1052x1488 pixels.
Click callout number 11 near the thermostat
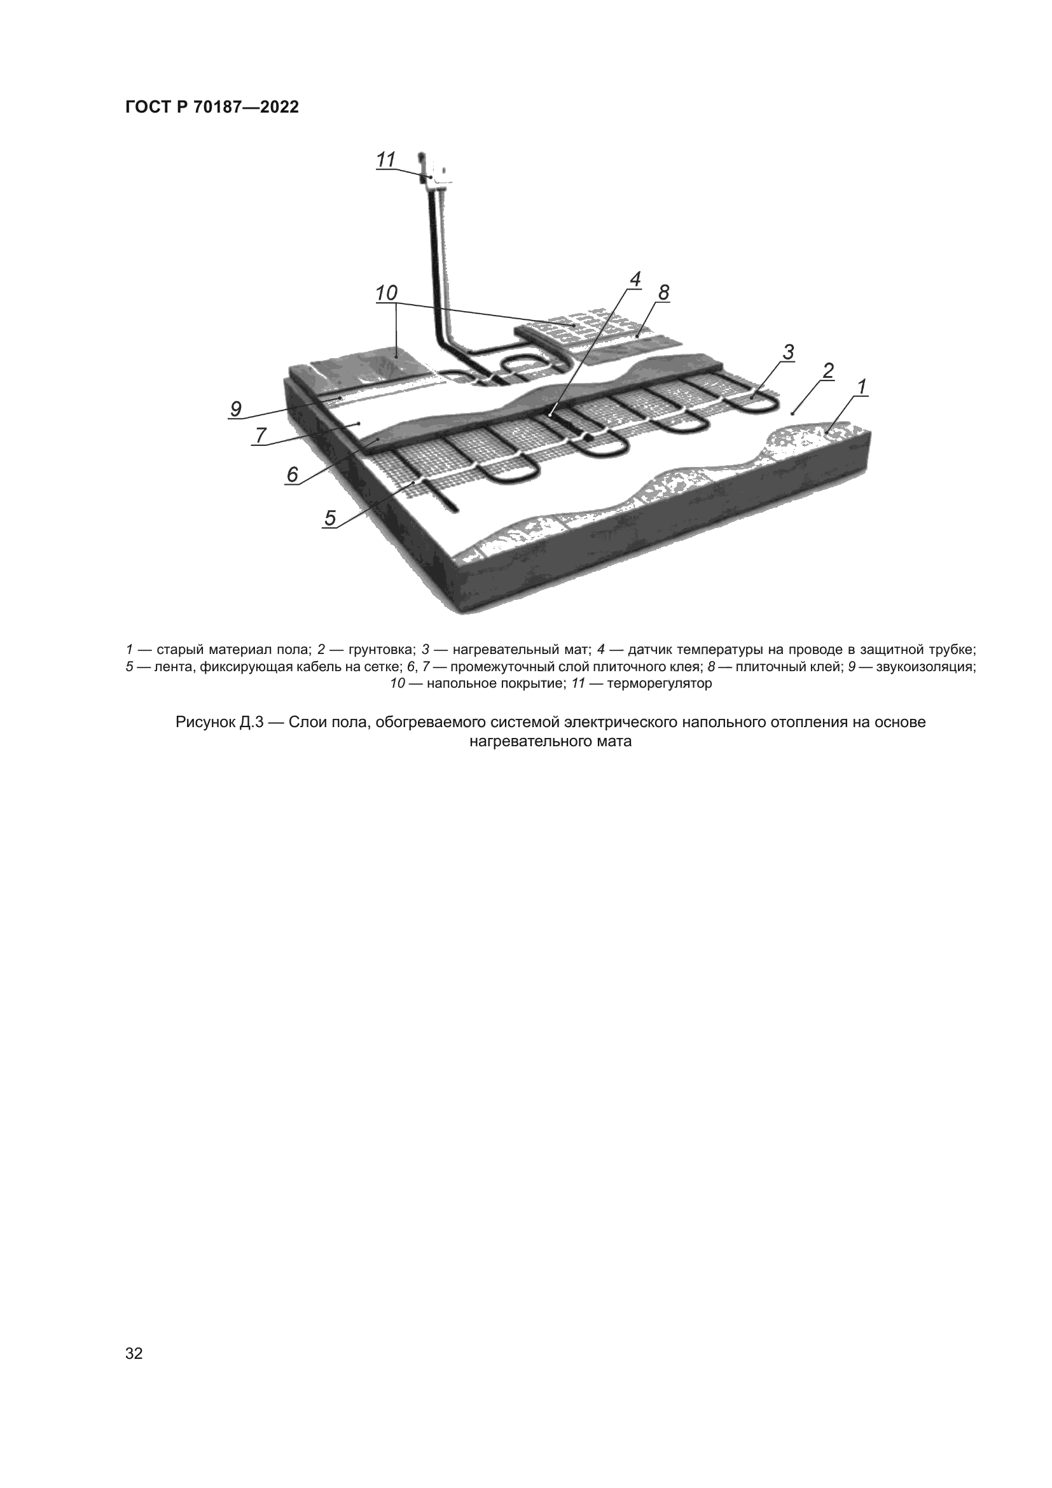386,160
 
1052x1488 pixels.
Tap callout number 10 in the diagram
386,293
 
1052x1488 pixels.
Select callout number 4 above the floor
635,279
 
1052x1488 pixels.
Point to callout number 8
663,293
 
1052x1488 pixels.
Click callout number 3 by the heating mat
787,352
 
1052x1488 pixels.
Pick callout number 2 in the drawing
828,372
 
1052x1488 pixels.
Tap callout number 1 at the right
861,387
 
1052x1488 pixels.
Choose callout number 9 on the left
236,409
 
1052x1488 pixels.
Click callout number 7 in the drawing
260,436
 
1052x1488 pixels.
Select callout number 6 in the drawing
293,475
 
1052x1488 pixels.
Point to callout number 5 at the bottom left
330,518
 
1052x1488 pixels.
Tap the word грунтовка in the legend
380,650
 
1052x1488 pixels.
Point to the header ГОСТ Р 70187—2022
212,108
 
